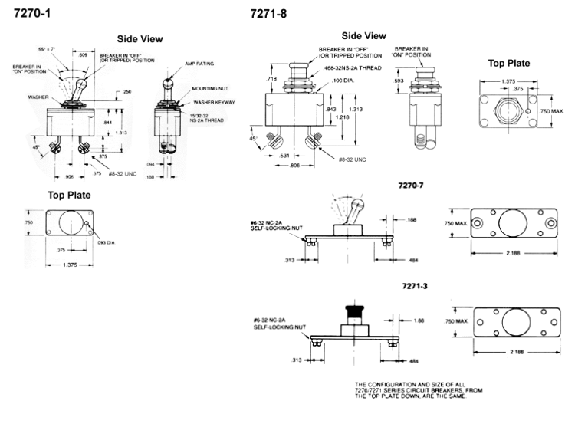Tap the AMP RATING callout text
tap(199, 64)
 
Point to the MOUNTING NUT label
tap(208, 88)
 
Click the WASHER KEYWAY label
tap(214, 102)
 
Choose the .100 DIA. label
tap(343, 80)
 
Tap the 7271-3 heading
tap(414, 286)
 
